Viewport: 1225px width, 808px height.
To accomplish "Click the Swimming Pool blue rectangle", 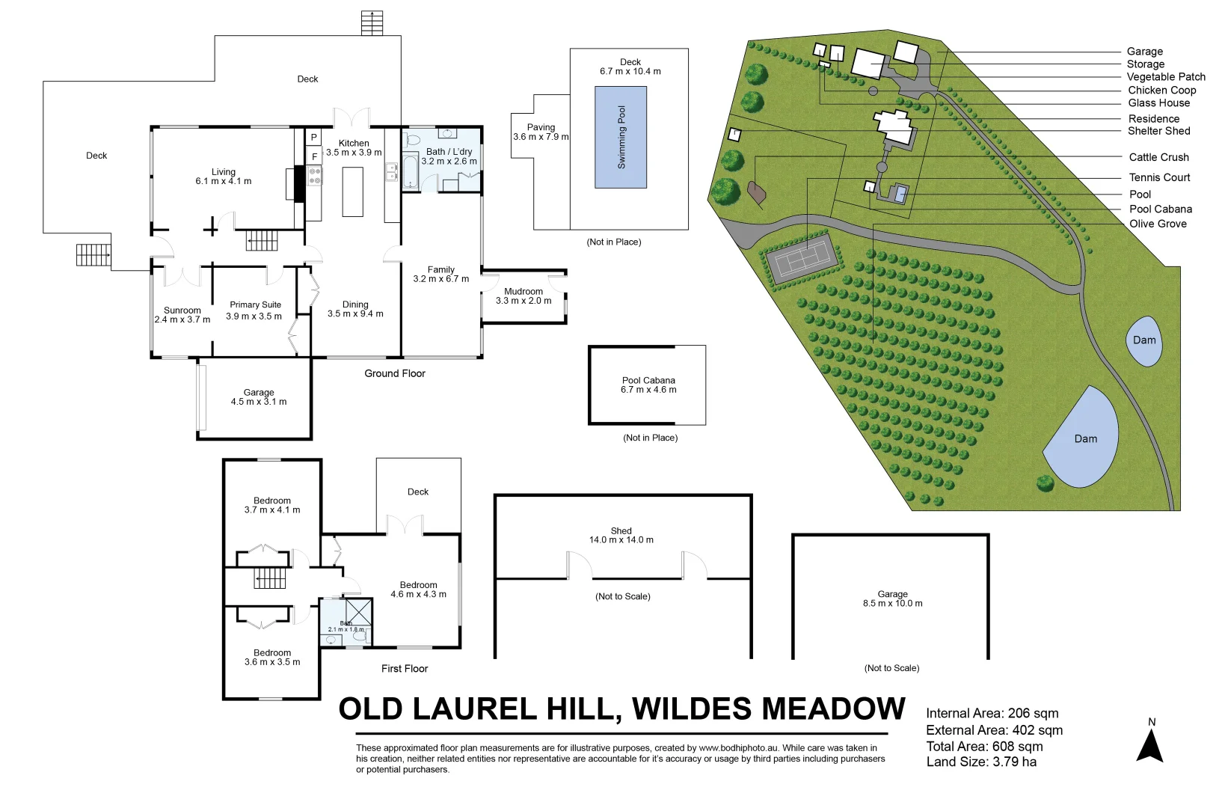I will tap(620, 137).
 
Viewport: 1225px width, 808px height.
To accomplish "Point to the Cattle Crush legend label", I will tap(1158, 157).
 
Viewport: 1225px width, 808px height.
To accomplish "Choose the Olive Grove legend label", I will tap(1158, 224).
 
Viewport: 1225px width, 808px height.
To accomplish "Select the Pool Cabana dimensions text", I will tap(648, 390).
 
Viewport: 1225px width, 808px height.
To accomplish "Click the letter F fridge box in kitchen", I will tap(314, 156).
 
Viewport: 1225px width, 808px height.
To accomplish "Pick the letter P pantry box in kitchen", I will tap(314, 138).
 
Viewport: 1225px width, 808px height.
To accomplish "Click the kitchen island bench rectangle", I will tap(352, 192).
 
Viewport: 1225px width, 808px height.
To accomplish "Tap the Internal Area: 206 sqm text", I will tap(992, 713).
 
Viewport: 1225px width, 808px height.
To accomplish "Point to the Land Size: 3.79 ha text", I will tap(981, 762).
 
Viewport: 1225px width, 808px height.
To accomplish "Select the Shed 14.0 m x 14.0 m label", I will tap(621, 535).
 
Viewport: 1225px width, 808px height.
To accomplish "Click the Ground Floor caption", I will tap(394, 373).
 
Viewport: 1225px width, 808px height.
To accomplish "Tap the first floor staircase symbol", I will tap(270, 578).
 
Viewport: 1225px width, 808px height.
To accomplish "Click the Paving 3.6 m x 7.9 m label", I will tap(541, 132).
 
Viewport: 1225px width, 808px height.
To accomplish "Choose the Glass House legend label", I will tap(1158, 103).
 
